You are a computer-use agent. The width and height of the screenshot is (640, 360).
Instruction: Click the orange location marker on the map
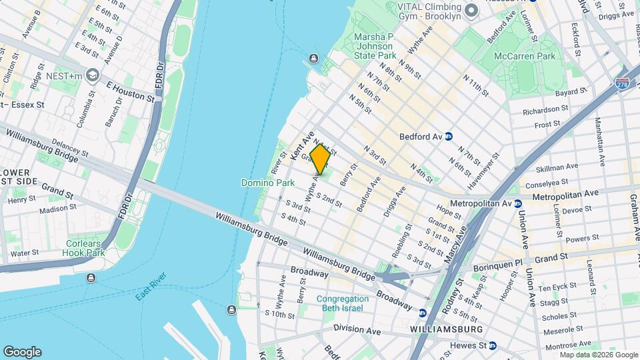[320, 160]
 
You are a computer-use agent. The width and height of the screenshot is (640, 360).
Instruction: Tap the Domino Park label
[268, 183]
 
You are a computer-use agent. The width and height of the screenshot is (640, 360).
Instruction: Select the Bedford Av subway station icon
[449, 136]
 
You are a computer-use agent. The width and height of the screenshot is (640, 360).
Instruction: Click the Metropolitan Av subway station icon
[517, 203]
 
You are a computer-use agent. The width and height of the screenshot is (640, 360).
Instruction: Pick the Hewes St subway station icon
[492, 345]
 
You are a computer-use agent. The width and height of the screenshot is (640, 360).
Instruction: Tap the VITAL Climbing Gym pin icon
[471, 9]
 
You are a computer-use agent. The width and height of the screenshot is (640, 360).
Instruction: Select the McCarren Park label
[524, 56]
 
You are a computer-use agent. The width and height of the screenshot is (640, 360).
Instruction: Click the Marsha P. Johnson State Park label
[376, 47]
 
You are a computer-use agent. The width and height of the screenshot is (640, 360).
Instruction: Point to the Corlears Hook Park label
[83, 248]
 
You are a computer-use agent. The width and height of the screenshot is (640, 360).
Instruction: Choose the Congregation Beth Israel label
[343, 303]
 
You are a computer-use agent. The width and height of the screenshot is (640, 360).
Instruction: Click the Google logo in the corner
[22, 351]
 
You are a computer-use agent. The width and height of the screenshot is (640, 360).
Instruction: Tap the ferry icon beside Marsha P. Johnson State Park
[313, 59]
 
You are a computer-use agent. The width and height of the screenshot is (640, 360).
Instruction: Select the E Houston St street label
[130, 91]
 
